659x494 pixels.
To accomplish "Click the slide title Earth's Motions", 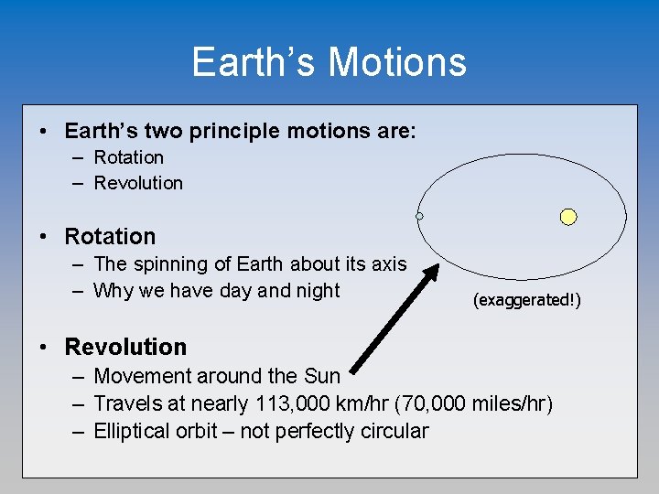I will (x=329, y=62).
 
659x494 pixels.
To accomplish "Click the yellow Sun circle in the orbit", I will (x=568, y=217).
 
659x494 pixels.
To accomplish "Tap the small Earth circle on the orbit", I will (x=419, y=216).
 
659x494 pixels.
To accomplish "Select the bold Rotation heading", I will (x=110, y=236).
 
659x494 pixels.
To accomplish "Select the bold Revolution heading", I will (x=125, y=347).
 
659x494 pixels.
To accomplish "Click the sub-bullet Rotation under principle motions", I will (x=128, y=157).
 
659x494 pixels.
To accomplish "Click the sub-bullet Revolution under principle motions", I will (x=138, y=183).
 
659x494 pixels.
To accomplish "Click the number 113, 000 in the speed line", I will (x=299, y=403).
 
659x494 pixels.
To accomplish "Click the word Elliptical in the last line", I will (x=134, y=431).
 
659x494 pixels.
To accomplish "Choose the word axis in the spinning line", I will (x=388, y=264).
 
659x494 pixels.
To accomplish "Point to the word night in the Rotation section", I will (x=315, y=291).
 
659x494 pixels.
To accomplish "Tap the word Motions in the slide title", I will (x=396, y=62).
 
